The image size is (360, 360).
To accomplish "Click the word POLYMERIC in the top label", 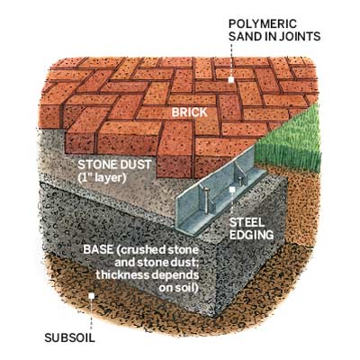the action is [x=263, y=23].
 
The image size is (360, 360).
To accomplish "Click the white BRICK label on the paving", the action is [x=189, y=112].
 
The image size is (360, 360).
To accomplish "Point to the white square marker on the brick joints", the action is [x=230, y=80].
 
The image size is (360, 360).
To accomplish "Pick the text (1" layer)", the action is [x=102, y=177].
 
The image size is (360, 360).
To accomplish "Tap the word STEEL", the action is [x=247, y=222].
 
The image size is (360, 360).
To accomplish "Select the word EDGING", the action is [x=251, y=235].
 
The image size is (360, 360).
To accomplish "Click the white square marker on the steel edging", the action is [x=232, y=189].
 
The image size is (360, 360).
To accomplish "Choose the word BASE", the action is [x=95, y=249].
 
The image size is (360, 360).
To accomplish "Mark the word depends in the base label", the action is [x=176, y=275].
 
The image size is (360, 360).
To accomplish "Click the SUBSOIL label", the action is [x=69, y=337].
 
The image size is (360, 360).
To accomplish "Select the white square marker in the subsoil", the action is [x=92, y=296].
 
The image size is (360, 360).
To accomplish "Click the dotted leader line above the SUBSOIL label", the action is [x=92, y=314].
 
